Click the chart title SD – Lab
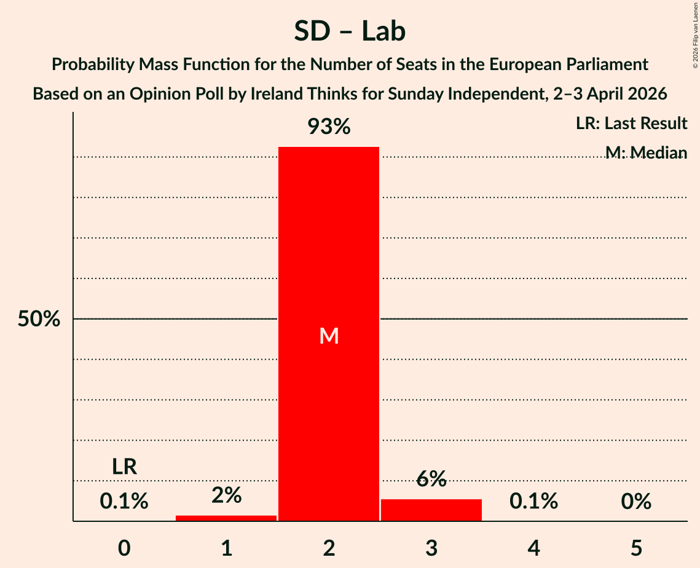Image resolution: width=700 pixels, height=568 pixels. point(350,31)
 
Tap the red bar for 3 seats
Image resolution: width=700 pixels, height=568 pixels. point(431,510)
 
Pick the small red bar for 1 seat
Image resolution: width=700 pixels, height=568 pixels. point(226,518)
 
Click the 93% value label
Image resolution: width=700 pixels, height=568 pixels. point(329,127)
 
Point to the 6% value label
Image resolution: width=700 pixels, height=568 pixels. point(431,479)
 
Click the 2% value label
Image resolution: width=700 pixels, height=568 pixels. point(226,495)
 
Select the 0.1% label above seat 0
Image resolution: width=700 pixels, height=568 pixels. point(124,502)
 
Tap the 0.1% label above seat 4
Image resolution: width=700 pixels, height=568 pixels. point(533,502)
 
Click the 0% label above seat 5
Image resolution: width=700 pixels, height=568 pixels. point(635,502)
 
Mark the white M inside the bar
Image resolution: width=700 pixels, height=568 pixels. point(329,336)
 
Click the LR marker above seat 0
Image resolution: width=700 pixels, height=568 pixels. point(124,467)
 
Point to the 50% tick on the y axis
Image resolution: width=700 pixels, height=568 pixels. point(39,319)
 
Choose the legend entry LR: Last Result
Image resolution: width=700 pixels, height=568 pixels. point(631,124)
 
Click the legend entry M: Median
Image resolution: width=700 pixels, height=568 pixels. point(645,152)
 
